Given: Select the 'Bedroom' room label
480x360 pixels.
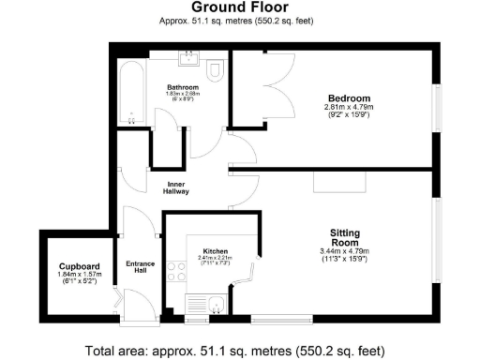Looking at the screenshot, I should [x=349, y=97].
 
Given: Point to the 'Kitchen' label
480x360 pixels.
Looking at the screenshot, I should [x=216, y=251].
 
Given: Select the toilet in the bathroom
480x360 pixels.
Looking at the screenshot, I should [x=215, y=70].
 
